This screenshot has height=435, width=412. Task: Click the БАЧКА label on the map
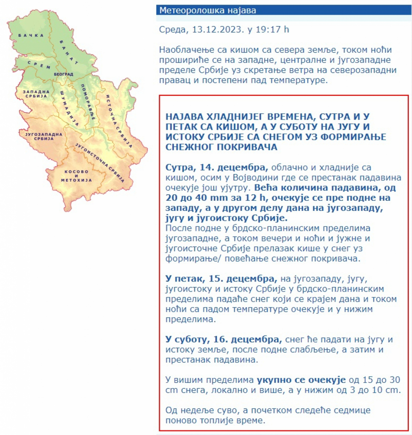27,35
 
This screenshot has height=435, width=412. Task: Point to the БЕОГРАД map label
63,74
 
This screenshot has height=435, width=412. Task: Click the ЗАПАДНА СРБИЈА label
35,94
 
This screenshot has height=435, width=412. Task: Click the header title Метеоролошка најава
207,11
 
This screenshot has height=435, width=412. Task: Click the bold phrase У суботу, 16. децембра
223,340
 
